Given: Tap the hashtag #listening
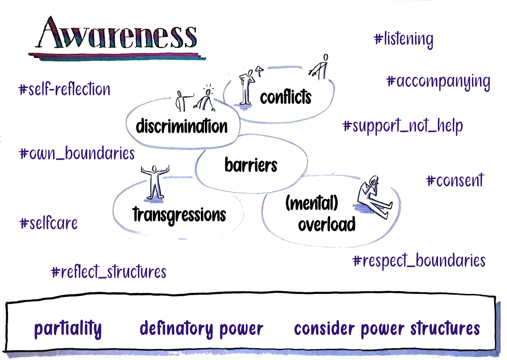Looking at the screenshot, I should coord(404,39).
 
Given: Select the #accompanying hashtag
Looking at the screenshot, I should coord(438,82).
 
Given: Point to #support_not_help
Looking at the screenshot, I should coord(403,126).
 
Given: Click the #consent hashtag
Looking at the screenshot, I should coord(455,181).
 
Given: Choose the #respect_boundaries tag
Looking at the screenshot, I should coord(419,261).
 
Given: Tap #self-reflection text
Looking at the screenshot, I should coord(64,89).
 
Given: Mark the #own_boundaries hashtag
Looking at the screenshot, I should coord(77,153).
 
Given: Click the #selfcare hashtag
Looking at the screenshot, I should coord(48,223).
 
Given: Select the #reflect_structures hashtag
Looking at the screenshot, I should coord(109,272).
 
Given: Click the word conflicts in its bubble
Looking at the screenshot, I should coord(285,97).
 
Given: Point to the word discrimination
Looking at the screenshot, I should coord(181,126).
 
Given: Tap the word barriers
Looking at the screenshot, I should coord(251,165).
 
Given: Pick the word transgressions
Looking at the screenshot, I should coord(179,215).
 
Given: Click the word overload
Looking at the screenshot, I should coord(327,224).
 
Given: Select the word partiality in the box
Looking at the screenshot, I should coord(68,329).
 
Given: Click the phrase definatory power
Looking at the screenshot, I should coord(201,329).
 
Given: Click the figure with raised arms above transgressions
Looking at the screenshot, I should coord(155,182).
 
